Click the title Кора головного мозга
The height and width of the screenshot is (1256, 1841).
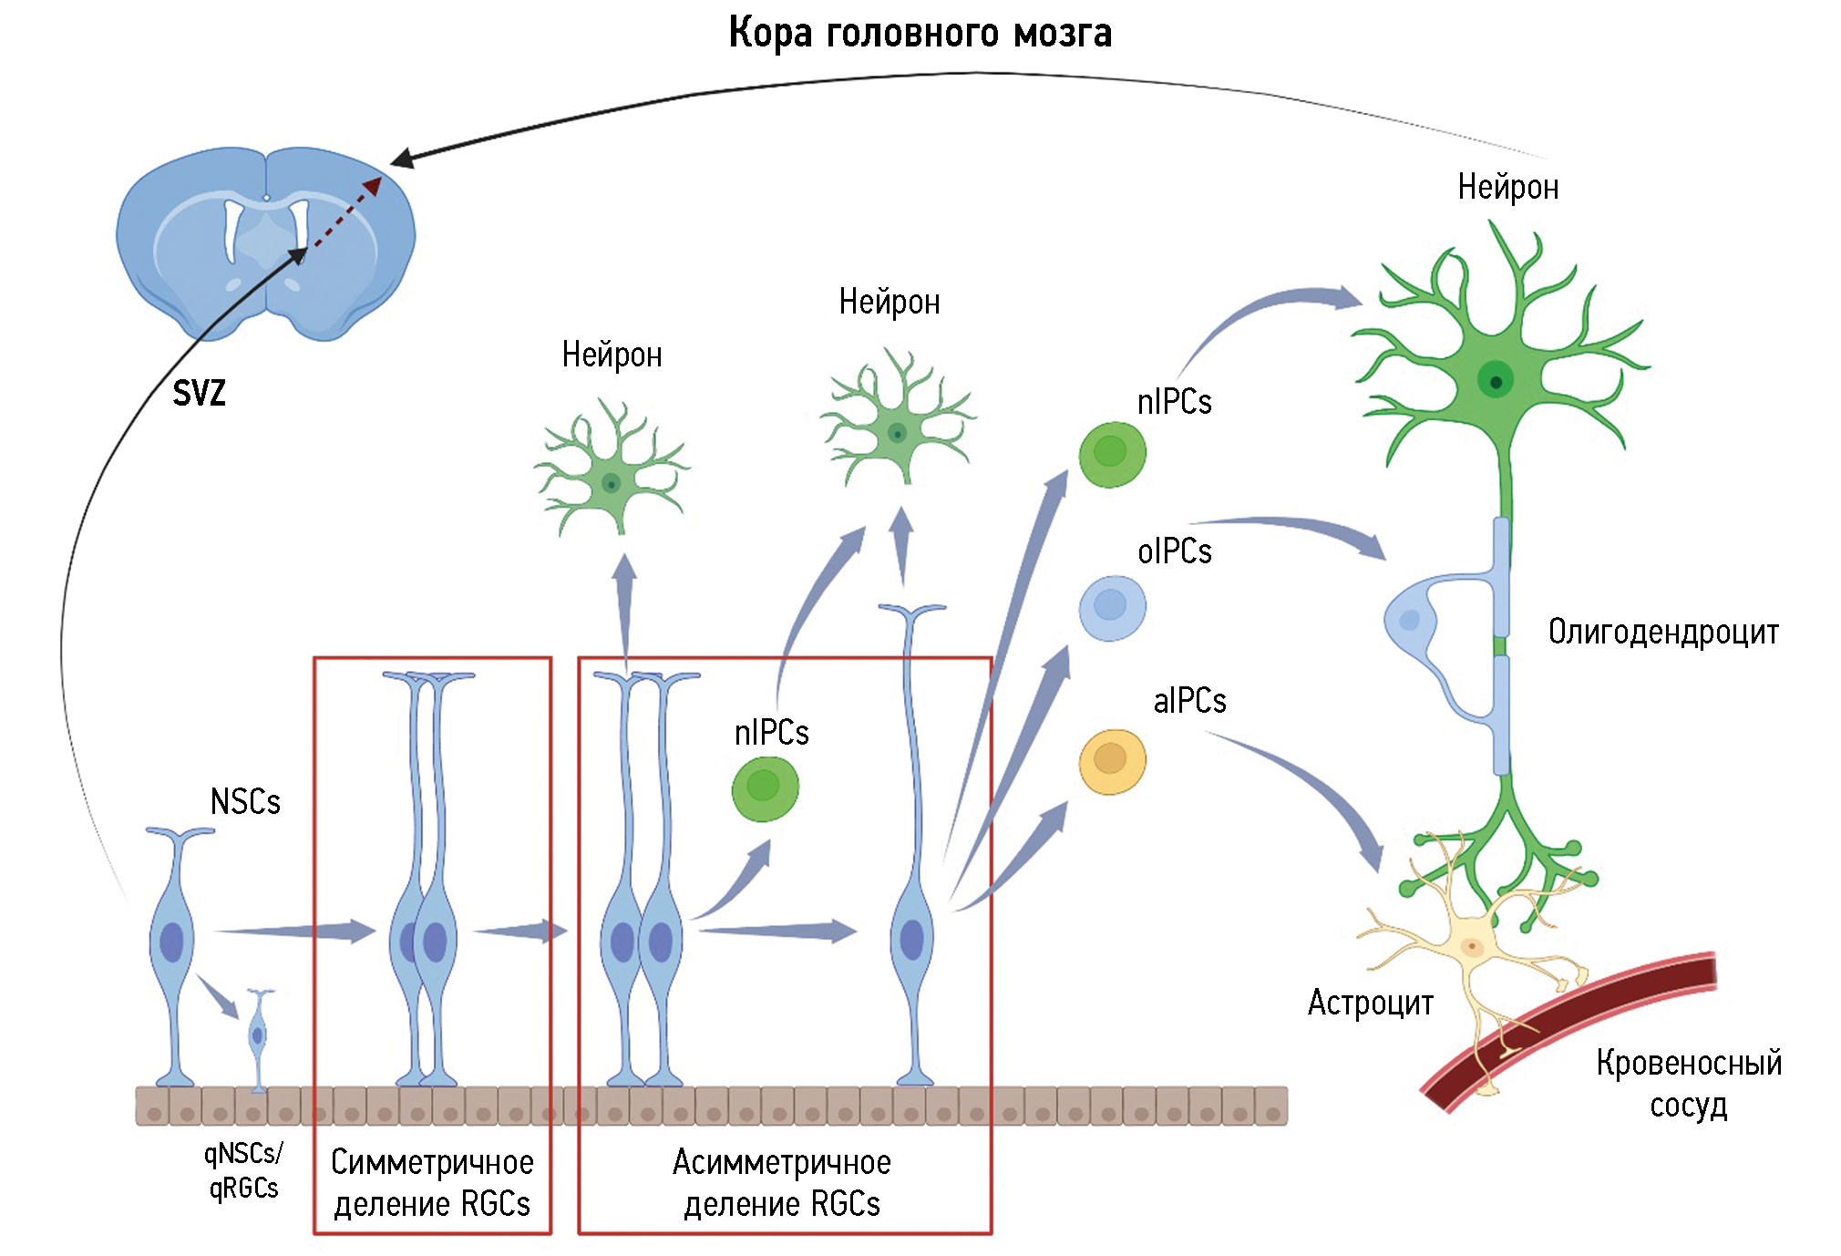(x=920, y=34)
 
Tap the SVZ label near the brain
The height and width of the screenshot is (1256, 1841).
(x=199, y=394)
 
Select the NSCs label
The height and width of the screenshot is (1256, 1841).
(x=245, y=802)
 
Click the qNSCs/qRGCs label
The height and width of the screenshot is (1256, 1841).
(x=243, y=1170)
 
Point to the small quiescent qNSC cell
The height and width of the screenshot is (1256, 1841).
(x=259, y=1035)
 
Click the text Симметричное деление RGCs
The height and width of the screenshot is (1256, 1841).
(x=432, y=1183)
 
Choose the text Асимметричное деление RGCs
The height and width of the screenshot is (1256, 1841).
(x=782, y=1183)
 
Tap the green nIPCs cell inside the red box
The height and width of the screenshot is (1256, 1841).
(x=765, y=787)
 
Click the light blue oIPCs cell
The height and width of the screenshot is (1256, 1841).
(x=1112, y=607)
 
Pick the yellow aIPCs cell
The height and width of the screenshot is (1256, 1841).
(x=1112, y=761)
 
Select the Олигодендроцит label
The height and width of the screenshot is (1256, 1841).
(x=1663, y=632)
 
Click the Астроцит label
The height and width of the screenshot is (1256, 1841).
(x=1370, y=1003)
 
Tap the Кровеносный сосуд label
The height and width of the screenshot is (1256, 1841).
(x=1689, y=1084)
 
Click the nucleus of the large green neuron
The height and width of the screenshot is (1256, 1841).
(x=1496, y=380)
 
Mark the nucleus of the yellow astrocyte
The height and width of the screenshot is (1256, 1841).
(x=1472, y=947)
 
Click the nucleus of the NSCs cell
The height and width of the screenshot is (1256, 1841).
(x=171, y=942)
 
